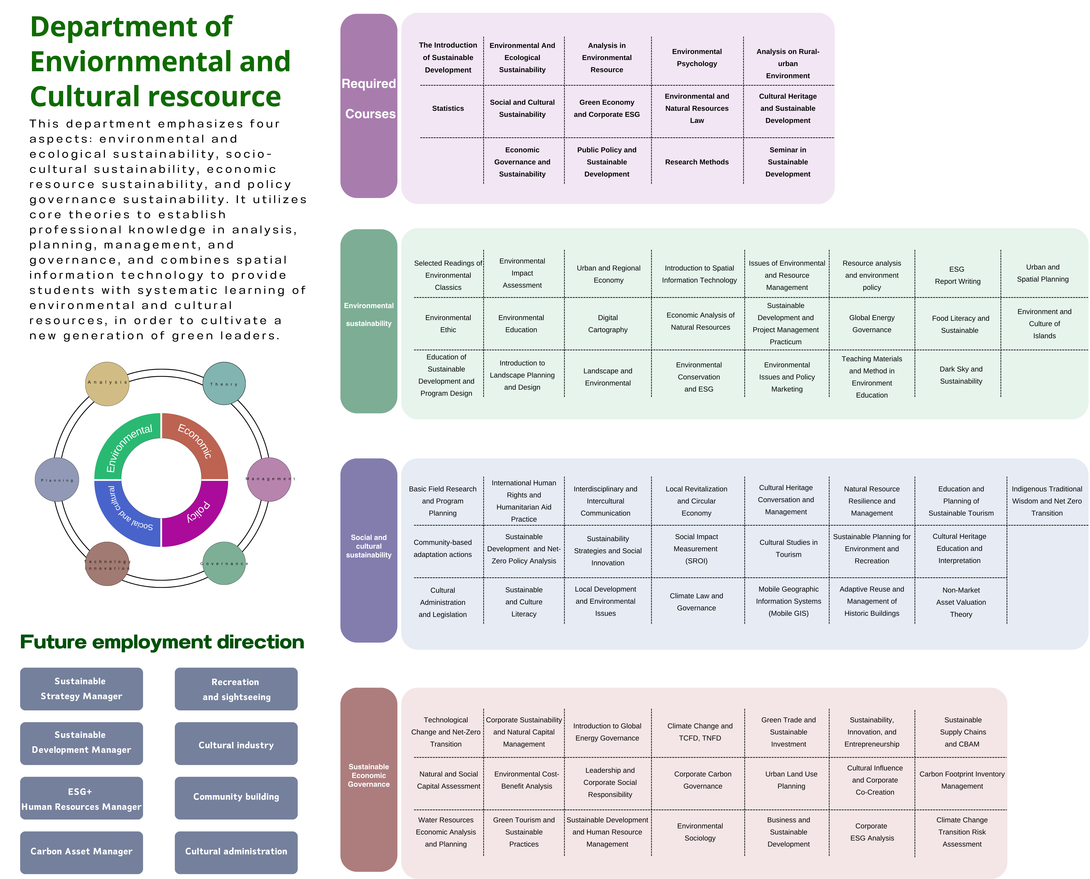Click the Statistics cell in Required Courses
click(448, 108)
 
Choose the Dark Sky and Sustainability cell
click(961, 375)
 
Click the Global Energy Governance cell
click(872, 324)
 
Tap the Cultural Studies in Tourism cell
click(788, 548)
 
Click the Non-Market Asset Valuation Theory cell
click(961, 602)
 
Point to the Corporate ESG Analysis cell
click(872, 832)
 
